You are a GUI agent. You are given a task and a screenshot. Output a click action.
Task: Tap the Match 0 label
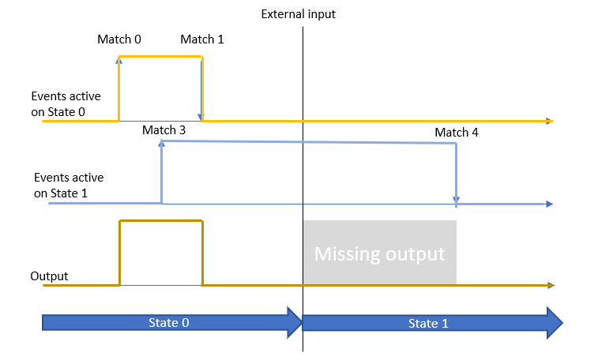pyautogui.click(x=119, y=39)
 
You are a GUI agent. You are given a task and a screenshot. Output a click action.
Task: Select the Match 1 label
pyautogui.click(x=202, y=39)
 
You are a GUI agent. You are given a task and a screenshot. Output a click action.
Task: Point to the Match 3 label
pyautogui.click(x=164, y=129)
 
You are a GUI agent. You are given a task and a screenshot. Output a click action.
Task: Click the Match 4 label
pyautogui.click(x=457, y=132)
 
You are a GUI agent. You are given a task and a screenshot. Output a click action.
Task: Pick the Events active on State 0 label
pyautogui.click(x=66, y=104)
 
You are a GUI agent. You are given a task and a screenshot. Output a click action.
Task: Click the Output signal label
pyautogui.click(x=49, y=276)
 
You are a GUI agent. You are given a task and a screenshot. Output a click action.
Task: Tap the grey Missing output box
pyautogui.click(x=379, y=253)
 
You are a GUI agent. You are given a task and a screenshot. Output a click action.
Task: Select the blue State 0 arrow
pyautogui.click(x=170, y=322)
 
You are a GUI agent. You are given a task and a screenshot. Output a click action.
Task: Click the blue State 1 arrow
pyautogui.click(x=431, y=323)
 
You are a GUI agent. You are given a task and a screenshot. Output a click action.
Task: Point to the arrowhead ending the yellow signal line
pyautogui.click(x=548, y=121)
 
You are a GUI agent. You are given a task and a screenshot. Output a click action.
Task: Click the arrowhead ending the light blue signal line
pyautogui.click(x=548, y=204)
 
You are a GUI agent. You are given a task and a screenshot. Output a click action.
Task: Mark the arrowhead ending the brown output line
pyautogui.click(x=548, y=284)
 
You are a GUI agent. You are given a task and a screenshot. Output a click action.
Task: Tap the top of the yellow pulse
pyautogui.click(x=160, y=56)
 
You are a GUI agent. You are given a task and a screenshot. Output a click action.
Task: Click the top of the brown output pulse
pyautogui.click(x=160, y=221)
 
